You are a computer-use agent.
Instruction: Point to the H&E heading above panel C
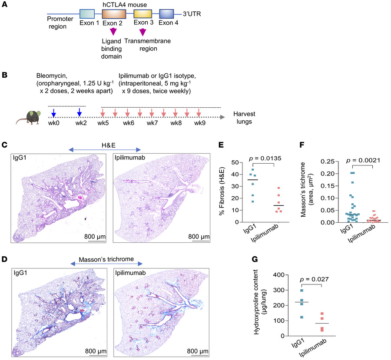pos(105,149)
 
